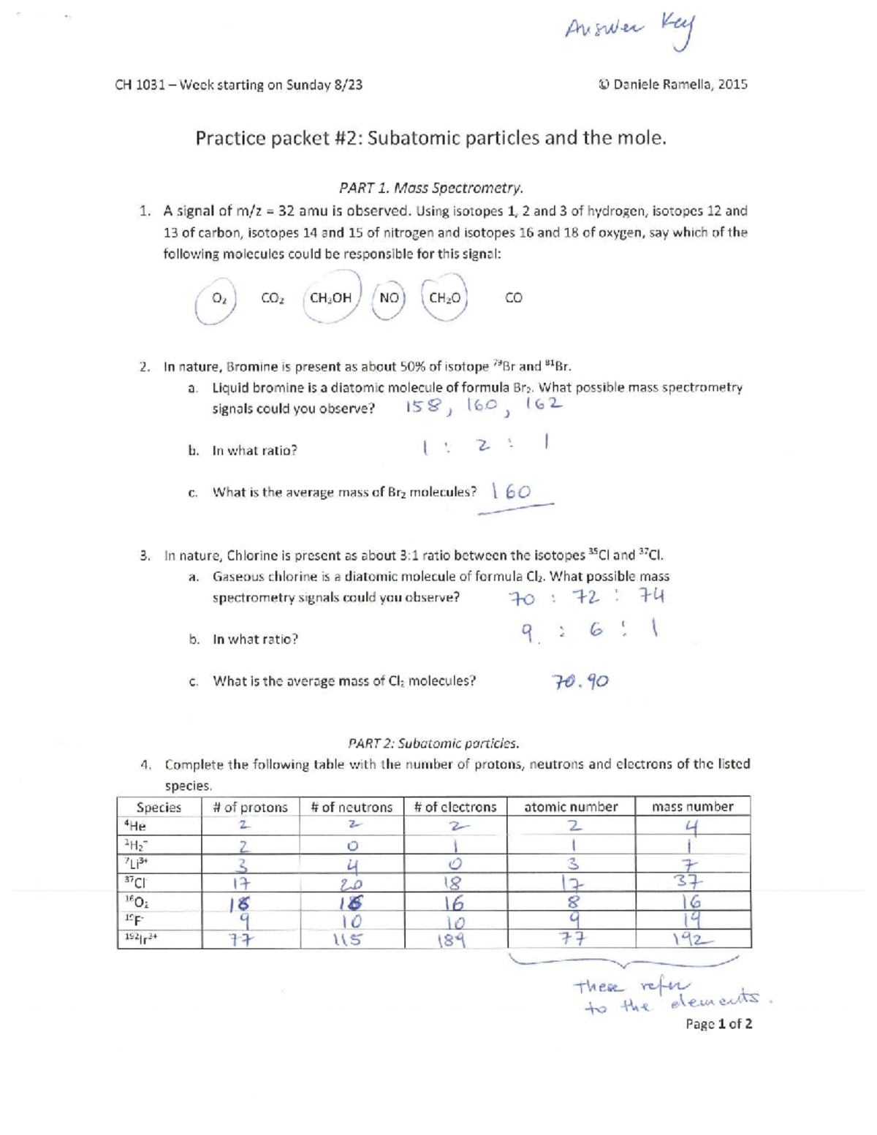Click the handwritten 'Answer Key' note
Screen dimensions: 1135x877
coord(631,30)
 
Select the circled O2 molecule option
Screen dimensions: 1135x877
coord(217,299)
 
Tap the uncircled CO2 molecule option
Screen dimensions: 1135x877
coord(272,298)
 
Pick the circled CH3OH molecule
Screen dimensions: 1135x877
coord(331,297)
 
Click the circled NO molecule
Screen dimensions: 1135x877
coord(389,297)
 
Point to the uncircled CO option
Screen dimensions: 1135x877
coord(513,297)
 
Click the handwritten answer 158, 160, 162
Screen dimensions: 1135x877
coord(484,406)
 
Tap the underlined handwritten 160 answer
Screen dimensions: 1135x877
coord(512,492)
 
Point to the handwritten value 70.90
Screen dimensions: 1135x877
coord(580,682)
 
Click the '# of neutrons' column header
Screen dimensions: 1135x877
coord(352,807)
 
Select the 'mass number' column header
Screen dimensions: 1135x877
coord(692,807)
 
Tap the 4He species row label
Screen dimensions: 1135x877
coord(136,826)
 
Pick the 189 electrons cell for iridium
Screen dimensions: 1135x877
coord(452,940)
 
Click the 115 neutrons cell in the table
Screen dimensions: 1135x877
coord(349,940)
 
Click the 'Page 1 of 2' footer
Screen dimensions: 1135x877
coord(718,1024)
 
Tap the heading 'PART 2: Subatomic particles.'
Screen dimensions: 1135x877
coord(433,743)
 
